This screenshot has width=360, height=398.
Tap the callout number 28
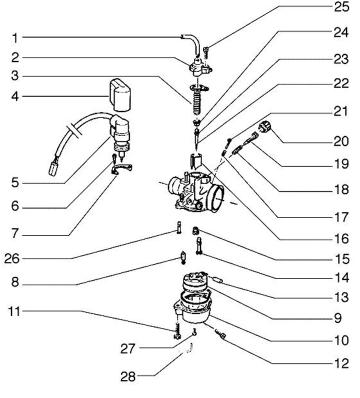pos(128,375)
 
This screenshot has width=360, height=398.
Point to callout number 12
pos(341,363)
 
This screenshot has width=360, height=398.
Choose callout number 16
pos(341,239)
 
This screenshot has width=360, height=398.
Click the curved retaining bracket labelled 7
pos(123,170)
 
